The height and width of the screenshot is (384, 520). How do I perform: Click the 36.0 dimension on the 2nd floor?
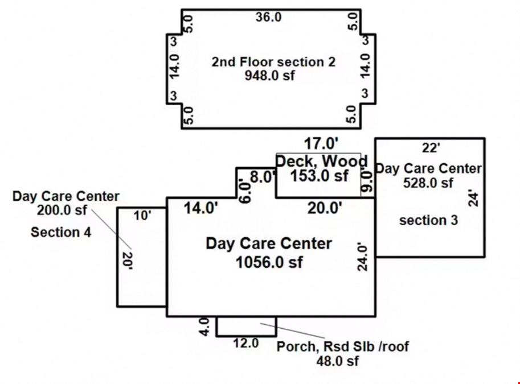pos(268,17)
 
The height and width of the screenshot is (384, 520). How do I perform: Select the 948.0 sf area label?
pos(269,76)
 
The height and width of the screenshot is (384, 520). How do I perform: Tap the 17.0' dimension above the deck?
pos(321,144)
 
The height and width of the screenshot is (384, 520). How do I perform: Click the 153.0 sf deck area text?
pos(319,175)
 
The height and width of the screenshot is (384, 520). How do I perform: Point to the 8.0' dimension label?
pos(263,177)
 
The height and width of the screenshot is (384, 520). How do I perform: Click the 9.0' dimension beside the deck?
pos(367,181)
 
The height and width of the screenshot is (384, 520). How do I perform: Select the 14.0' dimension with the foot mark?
pos(200,209)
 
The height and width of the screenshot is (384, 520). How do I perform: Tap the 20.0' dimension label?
pos(324,208)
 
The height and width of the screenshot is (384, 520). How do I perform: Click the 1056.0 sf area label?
pos(269,262)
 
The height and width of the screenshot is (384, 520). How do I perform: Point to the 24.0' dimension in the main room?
pos(362,258)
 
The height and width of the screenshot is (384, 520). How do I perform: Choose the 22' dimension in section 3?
pos(431,148)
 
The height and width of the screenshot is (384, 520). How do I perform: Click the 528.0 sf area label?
pos(428,183)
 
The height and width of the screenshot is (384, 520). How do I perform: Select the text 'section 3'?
pos(428,220)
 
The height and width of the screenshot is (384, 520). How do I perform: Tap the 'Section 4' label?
pos(61,232)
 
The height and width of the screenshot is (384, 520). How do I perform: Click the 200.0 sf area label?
pos(62,210)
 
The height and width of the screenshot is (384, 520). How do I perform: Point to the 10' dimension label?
pos(142,216)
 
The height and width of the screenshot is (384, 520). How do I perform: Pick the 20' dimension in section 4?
pos(128,261)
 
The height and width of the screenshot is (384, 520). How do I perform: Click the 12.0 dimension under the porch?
pos(245,343)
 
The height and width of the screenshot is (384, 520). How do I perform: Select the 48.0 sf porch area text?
pos(337,361)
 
